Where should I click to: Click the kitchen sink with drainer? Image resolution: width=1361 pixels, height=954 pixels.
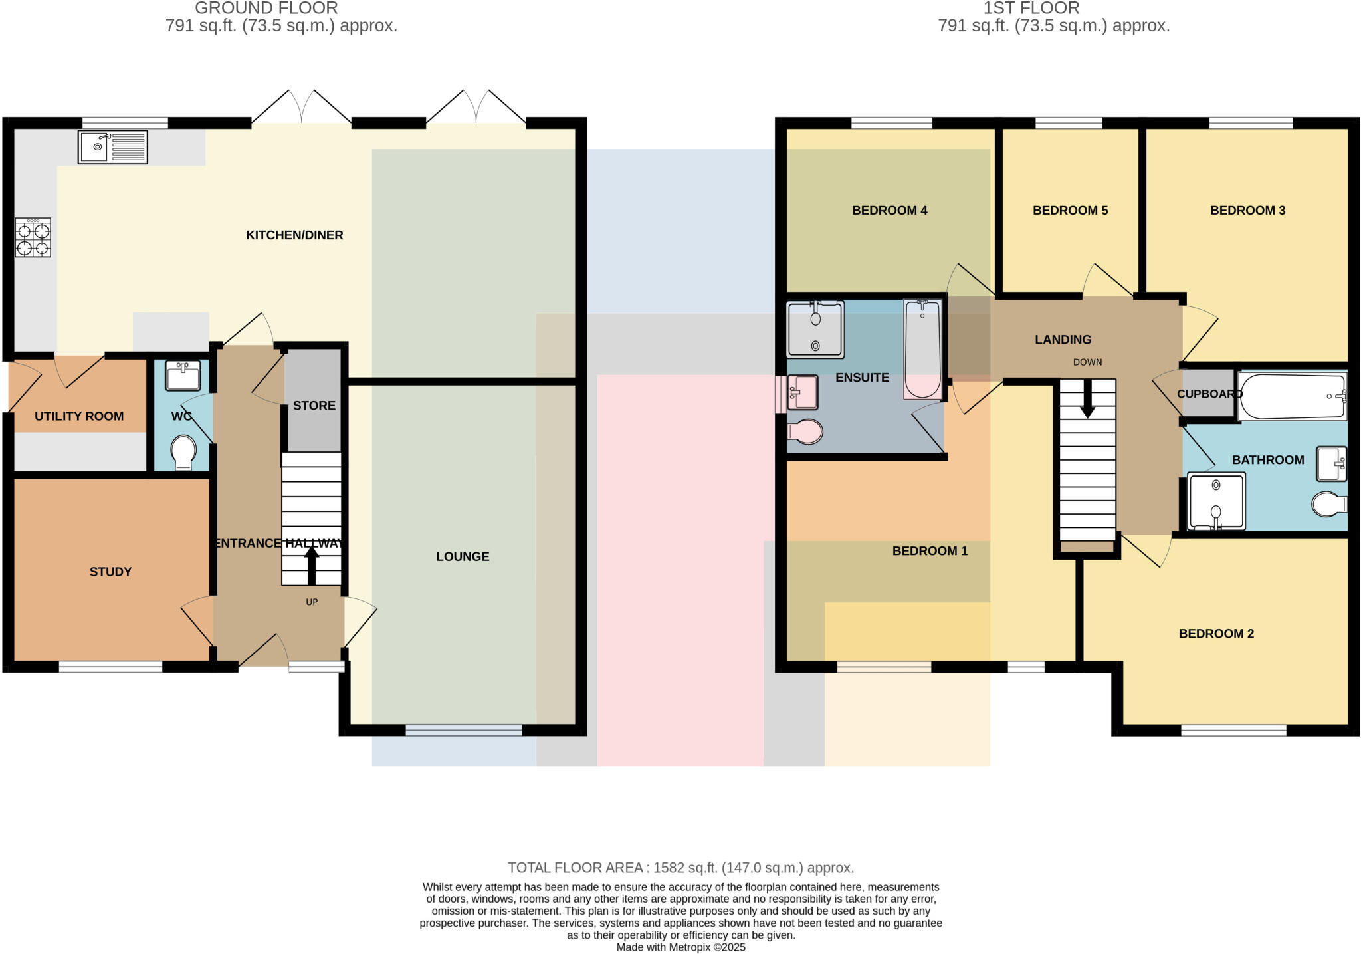(112, 147)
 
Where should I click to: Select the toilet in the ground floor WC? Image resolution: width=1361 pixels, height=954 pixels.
(183, 452)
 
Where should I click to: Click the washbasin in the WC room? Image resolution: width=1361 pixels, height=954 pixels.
(183, 376)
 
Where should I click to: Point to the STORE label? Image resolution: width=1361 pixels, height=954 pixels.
(314, 406)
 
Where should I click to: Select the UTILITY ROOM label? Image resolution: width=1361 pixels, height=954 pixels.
(79, 416)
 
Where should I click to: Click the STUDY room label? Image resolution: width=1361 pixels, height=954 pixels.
(110, 572)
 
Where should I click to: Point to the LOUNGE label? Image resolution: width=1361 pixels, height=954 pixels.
(463, 556)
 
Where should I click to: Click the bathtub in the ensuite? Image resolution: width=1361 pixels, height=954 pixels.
(922, 350)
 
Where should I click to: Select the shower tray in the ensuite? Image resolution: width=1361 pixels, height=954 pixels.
(815, 330)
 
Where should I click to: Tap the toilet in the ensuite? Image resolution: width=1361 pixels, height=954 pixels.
(806, 431)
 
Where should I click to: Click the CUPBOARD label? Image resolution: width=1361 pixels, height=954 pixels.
(1209, 394)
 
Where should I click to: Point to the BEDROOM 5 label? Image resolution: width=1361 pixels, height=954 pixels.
(1070, 211)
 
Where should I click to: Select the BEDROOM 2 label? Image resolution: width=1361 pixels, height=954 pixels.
(1216, 634)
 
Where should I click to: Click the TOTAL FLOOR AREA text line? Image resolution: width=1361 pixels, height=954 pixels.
(680, 868)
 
